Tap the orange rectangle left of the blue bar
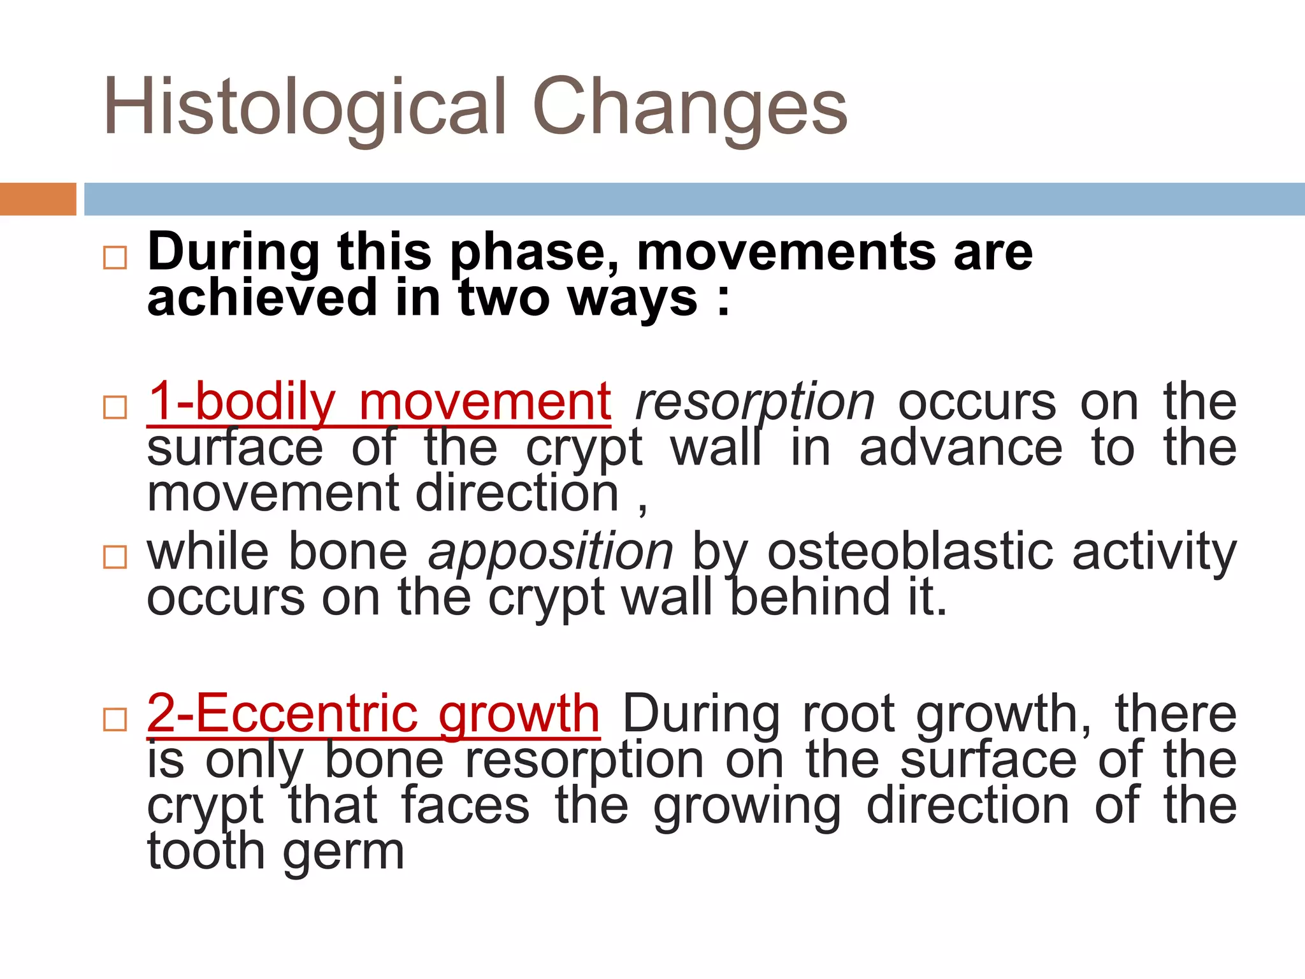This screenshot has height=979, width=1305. pyautogui.click(x=38, y=199)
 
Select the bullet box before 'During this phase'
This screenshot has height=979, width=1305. pyautogui.click(x=115, y=257)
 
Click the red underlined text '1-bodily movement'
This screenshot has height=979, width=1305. pyautogui.click(x=379, y=402)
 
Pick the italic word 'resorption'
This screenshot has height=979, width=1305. pyautogui.click(x=755, y=403)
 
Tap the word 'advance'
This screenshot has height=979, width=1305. pyautogui.click(x=960, y=447)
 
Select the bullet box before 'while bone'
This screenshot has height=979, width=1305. pyautogui.click(x=115, y=556)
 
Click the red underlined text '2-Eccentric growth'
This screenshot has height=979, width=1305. pyautogui.click(x=373, y=714)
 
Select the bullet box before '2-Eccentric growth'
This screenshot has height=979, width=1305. pyautogui.click(x=115, y=720)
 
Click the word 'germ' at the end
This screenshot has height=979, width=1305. pyautogui.click(x=343, y=852)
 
